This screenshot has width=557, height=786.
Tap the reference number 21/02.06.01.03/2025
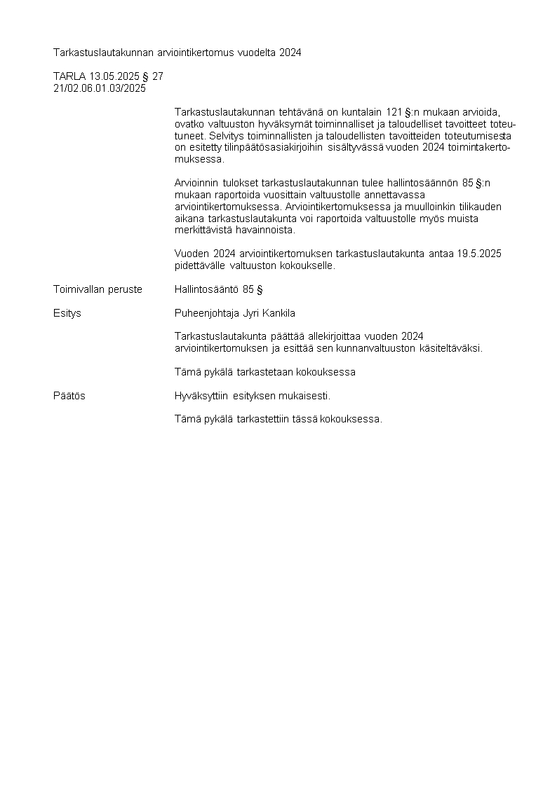[100, 88]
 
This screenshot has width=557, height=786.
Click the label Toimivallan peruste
[98, 289]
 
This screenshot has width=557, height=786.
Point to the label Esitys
[67, 313]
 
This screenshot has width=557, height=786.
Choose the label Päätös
[69, 396]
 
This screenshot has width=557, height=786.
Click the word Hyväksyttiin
[202, 396]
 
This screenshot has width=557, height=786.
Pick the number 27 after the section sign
[157, 76]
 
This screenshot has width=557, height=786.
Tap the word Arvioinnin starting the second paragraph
[197, 183]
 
